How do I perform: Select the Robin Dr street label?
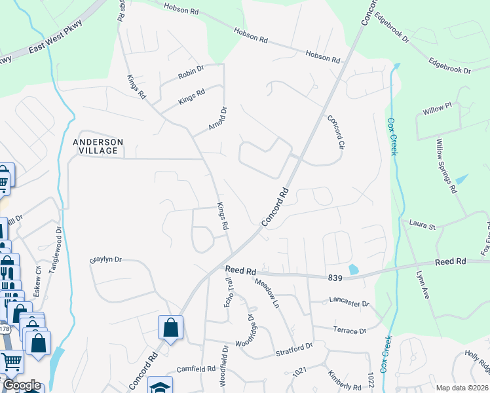(x=191, y=72)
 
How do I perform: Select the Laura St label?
(x=423, y=226)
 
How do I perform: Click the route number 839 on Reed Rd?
(x=335, y=278)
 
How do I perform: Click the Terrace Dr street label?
(x=349, y=331)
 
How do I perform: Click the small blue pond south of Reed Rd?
(x=354, y=269)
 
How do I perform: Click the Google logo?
(x=22, y=386)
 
